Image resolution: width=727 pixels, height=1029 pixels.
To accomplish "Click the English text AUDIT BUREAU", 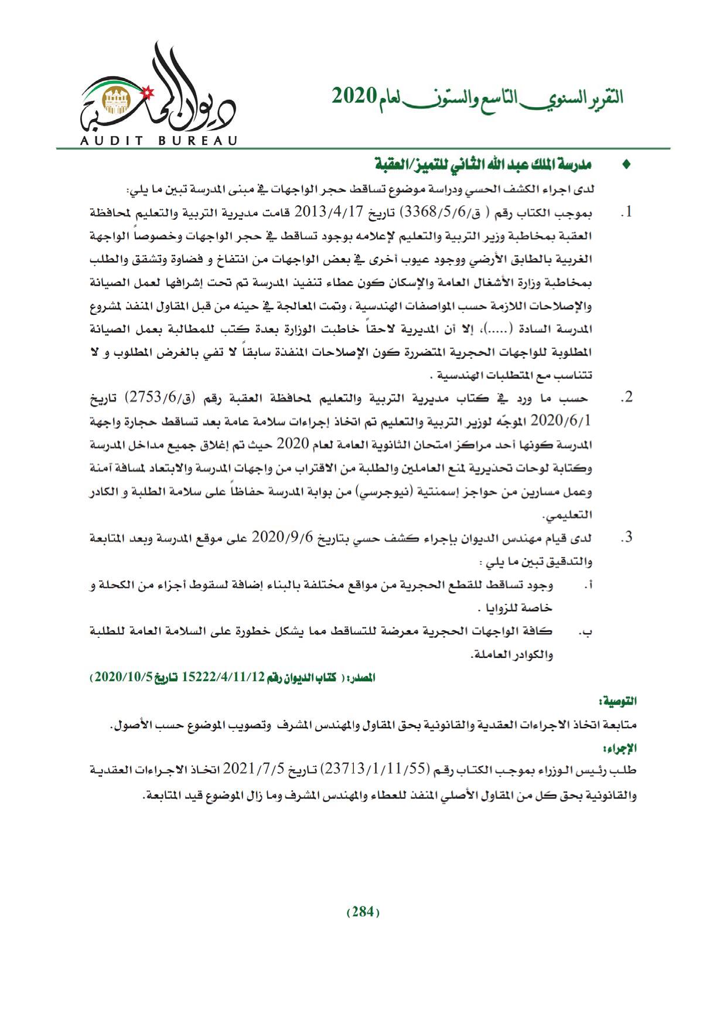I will (x=158, y=141).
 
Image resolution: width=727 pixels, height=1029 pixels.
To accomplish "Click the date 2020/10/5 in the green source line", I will (x=123, y=677).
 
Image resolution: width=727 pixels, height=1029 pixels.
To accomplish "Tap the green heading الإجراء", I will (x=624, y=748).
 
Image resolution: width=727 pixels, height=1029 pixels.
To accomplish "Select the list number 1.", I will (x=627, y=212).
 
